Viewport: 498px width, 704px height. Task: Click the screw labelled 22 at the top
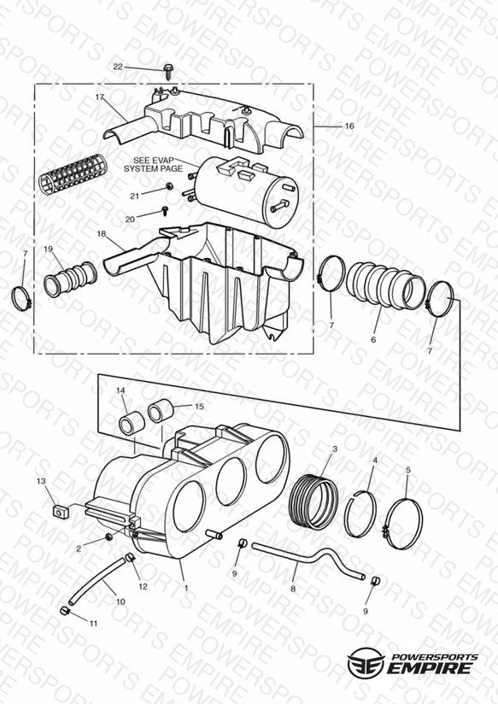pyautogui.click(x=169, y=72)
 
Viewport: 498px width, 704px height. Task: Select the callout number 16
pyautogui.click(x=349, y=126)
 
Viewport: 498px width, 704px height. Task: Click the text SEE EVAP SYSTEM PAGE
pyautogui.click(x=153, y=164)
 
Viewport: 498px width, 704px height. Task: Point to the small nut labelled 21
pyautogui.click(x=169, y=186)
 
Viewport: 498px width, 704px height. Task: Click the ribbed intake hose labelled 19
pyautogui.click(x=70, y=279)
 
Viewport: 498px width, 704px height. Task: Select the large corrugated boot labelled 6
pyautogui.click(x=385, y=285)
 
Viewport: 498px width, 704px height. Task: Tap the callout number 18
pyautogui.click(x=101, y=234)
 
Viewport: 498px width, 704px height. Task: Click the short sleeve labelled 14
pyautogui.click(x=132, y=423)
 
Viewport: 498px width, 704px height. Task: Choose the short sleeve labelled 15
pyautogui.click(x=161, y=410)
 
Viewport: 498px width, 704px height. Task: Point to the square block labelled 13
pyautogui.click(x=59, y=512)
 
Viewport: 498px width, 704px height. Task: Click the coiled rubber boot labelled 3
pyautogui.click(x=311, y=502)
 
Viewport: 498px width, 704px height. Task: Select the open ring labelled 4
pyautogui.click(x=360, y=514)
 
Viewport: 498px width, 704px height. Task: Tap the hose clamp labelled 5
pyautogui.click(x=403, y=524)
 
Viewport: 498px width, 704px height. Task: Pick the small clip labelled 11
pyautogui.click(x=64, y=611)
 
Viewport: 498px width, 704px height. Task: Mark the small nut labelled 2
pyautogui.click(x=108, y=537)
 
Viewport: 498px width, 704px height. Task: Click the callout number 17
pyautogui.click(x=100, y=97)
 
